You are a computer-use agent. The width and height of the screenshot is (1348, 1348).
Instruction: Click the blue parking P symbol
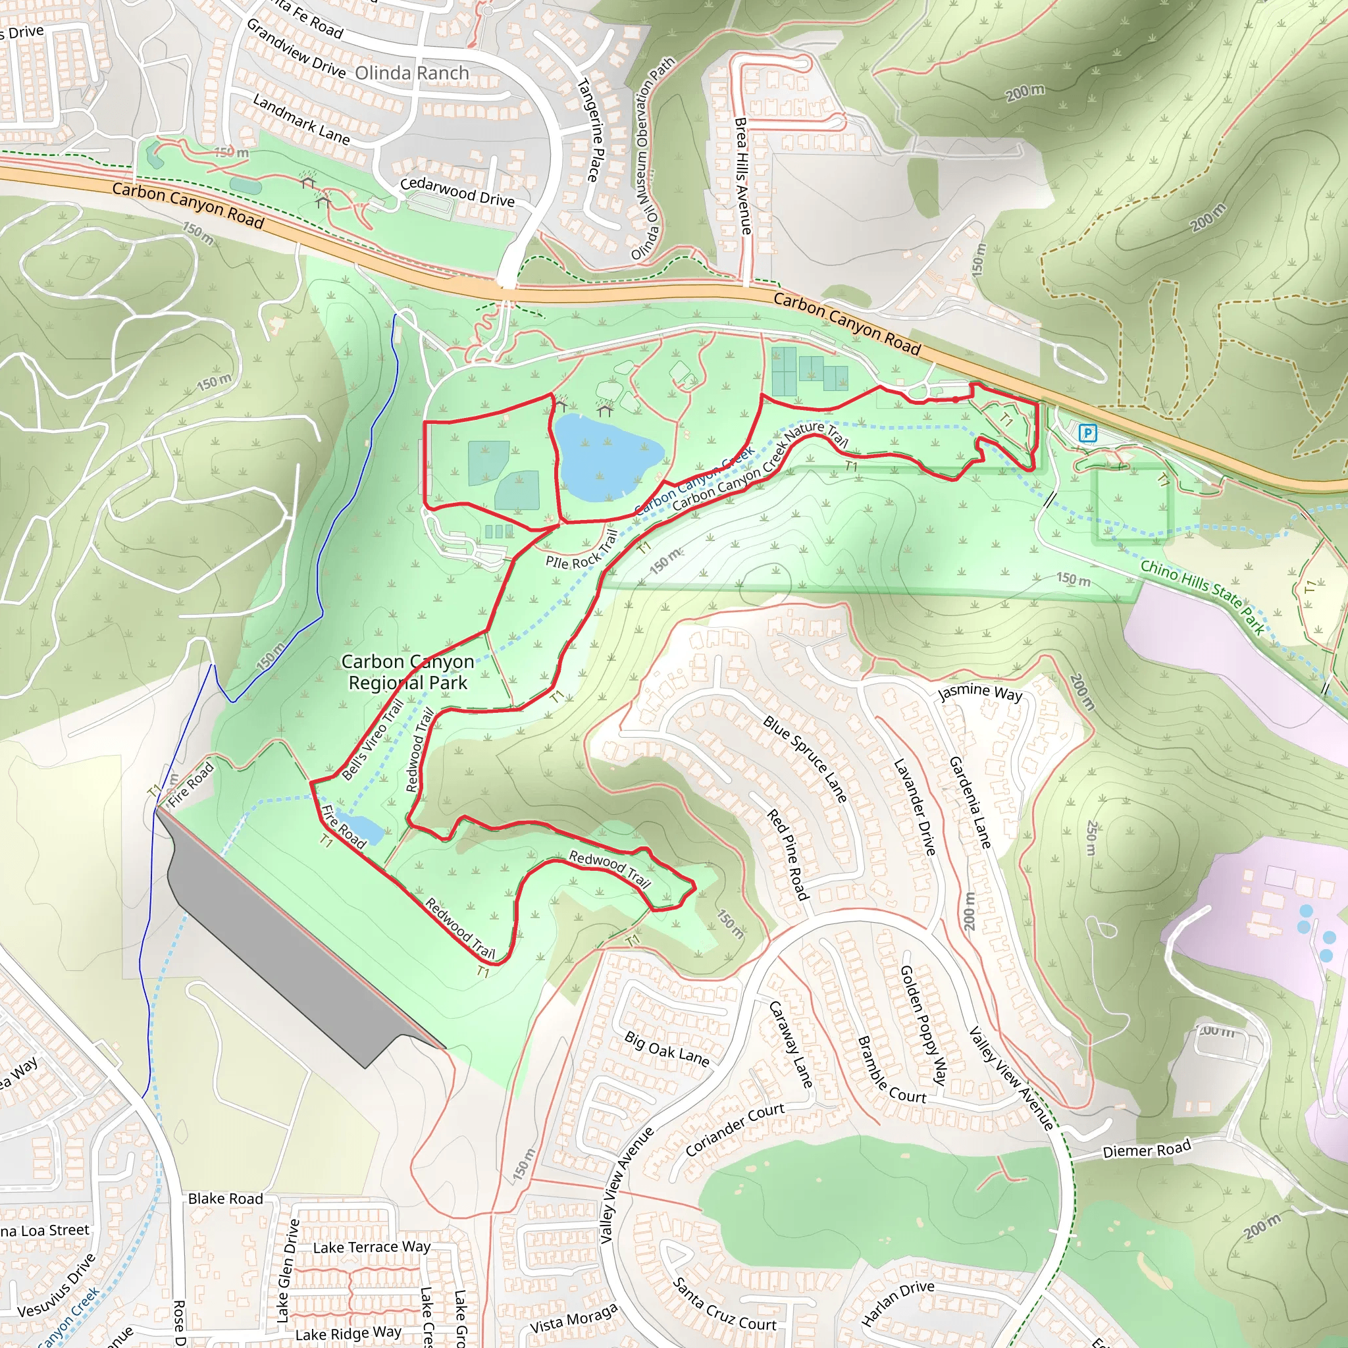(1087, 433)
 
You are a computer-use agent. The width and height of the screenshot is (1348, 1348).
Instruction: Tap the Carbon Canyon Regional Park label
(408, 672)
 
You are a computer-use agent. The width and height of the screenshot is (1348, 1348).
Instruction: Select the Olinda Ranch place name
(411, 73)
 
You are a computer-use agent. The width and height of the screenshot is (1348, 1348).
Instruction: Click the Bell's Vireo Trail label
(373, 739)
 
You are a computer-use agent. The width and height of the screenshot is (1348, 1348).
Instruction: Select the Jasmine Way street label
(980, 692)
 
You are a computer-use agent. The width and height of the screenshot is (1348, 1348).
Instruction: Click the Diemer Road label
(1147, 1150)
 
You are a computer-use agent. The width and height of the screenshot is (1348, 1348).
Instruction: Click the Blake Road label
(225, 1199)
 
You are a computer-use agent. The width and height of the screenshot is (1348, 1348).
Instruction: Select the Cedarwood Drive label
(457, 192)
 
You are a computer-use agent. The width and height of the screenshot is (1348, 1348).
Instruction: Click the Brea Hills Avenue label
(742, 176)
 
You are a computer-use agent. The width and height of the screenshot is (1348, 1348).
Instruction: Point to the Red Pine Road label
(788, 854)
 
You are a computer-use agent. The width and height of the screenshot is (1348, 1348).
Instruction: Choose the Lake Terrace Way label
(371, 1247)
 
